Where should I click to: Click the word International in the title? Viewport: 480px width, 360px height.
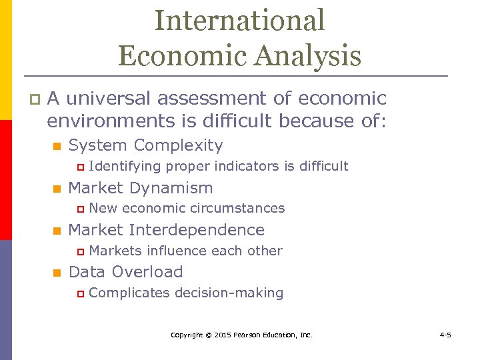pyautogui.click(x=239, y=21)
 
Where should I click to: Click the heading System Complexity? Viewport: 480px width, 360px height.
pyautogui.click(x=145, y=145)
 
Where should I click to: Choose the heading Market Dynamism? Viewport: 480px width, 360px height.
pyautogui.click(x=141, y=188)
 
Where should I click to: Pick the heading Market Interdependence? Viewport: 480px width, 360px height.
pyautogui.click(x=166, y=230)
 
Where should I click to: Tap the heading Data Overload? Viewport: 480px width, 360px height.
pyautogui.click(x=125, y=272)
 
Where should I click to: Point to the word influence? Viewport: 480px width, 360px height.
pyautogui.click(x=176, y=251)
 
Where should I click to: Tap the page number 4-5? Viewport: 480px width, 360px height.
pyautogui.click(x=445, y=335)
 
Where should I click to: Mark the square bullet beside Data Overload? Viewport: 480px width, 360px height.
pyautogui.click(x=57, y=273)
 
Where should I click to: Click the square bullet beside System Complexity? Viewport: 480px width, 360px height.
pyautogui.click(x=57, y=146)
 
